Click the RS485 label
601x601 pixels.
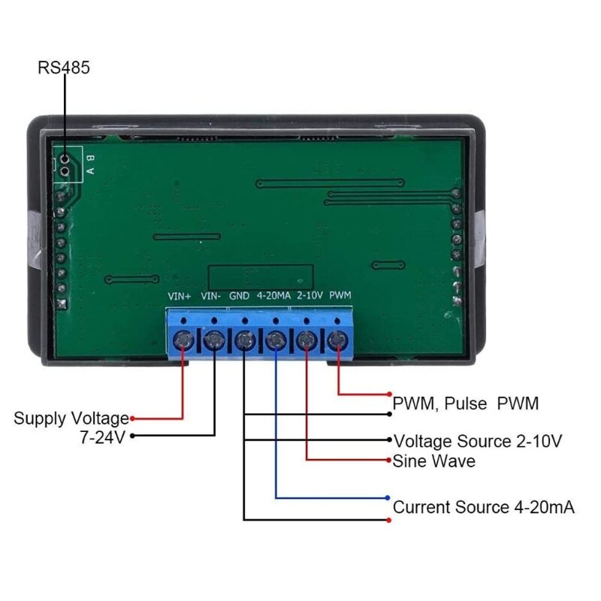64,68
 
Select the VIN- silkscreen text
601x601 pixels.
211,296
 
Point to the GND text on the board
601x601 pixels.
240,296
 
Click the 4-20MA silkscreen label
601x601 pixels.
273,296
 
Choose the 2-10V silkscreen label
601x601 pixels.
310,296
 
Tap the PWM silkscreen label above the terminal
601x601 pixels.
340,296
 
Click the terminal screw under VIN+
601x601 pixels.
183,343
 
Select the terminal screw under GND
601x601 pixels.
245,343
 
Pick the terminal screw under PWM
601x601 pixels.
339,343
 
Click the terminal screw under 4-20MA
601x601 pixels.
276,343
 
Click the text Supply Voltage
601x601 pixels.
71,418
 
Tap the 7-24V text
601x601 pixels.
102,436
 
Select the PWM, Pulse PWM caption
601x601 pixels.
466,403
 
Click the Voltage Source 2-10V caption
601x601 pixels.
478,441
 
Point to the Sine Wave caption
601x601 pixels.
433,461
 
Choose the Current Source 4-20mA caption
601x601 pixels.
484,507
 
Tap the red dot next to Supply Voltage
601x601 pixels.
133,418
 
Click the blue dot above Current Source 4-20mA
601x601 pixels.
388,497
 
